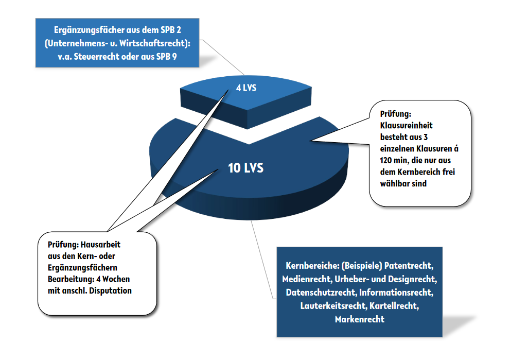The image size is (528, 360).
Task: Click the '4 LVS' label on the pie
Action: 246,88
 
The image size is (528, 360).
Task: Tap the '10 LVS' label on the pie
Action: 246,168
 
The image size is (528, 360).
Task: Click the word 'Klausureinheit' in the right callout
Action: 406,125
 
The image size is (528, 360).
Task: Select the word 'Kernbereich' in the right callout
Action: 418,172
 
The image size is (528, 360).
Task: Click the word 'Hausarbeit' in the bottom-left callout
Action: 100,245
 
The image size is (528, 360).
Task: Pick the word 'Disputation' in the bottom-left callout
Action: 111,290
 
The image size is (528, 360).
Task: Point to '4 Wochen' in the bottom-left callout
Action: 113,279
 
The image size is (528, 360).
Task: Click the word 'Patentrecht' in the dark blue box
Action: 409,266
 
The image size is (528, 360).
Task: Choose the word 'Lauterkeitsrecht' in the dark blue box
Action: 333,306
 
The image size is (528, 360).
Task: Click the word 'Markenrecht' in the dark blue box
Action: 360,319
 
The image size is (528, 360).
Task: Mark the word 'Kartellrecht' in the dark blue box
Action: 394,306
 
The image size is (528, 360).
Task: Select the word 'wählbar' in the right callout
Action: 395,183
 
